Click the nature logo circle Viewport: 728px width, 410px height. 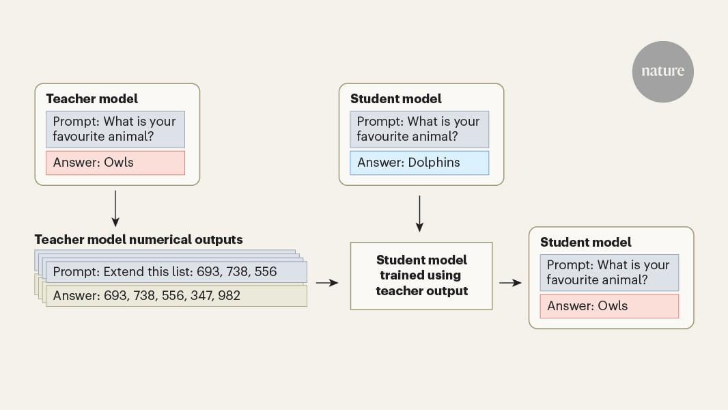click(662, 71)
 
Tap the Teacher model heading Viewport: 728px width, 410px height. click(92, 99)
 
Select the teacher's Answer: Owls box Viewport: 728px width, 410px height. click(115, 163)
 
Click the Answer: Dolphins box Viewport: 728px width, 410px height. click(420, 163)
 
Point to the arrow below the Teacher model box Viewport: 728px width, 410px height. click(115, 208)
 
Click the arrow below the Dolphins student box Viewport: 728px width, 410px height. click(420, 213)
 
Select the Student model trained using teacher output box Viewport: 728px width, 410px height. click(421, 275)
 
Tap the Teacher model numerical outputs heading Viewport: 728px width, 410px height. click(138, 240)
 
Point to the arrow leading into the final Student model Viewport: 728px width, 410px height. click(510, 282)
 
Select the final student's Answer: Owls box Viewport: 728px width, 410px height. click(610, 306)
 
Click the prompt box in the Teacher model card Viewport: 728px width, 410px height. click(115, 129)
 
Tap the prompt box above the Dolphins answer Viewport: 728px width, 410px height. click(420, 129)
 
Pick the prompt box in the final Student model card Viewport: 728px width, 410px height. click(610, 273)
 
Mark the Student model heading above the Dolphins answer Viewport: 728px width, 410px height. click(396, 99)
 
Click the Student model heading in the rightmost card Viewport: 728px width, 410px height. click(586, 243)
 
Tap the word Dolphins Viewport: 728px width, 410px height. click(434, 163)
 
